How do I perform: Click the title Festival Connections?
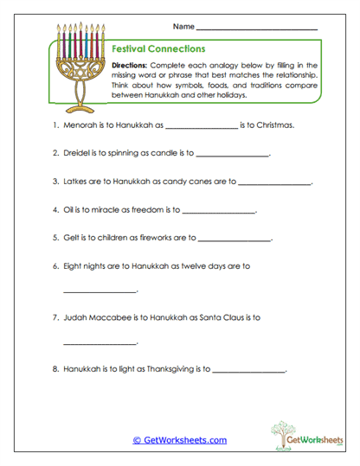click(x=159, y=49)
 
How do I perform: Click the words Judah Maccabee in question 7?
click(x=100, y=318)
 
